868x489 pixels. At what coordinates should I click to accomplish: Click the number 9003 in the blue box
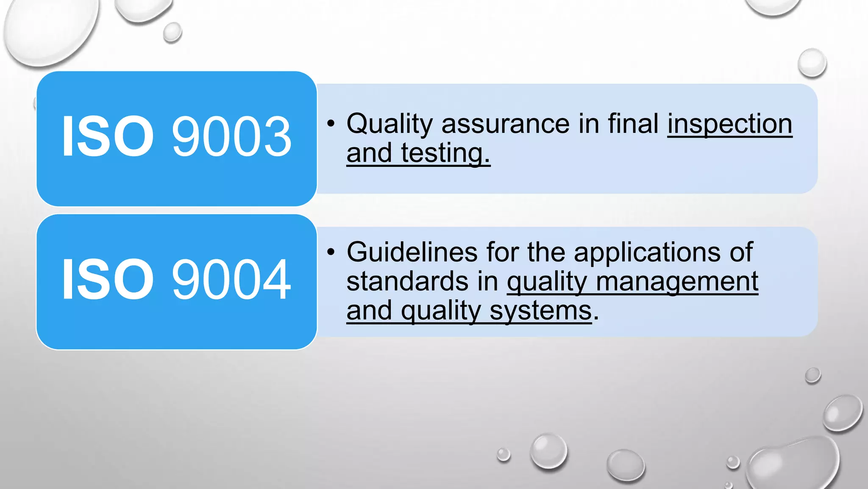[231, 137]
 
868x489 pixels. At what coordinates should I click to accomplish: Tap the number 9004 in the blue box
[231, 280]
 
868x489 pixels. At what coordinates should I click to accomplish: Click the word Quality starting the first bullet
[389, 124]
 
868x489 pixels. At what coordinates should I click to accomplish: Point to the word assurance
[506, 124]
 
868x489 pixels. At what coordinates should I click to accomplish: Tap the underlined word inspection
[729, 124]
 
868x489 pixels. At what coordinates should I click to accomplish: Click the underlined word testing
[445, 153]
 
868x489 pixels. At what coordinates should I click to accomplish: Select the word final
[633, 124]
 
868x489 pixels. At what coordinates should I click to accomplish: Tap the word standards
[407, 281]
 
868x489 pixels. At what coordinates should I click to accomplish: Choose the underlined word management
[677, 282]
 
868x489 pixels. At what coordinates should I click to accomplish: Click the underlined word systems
[540, 311]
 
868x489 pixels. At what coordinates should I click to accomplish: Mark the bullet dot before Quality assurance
[331, 124]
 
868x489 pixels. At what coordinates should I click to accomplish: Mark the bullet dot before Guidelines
[331, 252]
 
